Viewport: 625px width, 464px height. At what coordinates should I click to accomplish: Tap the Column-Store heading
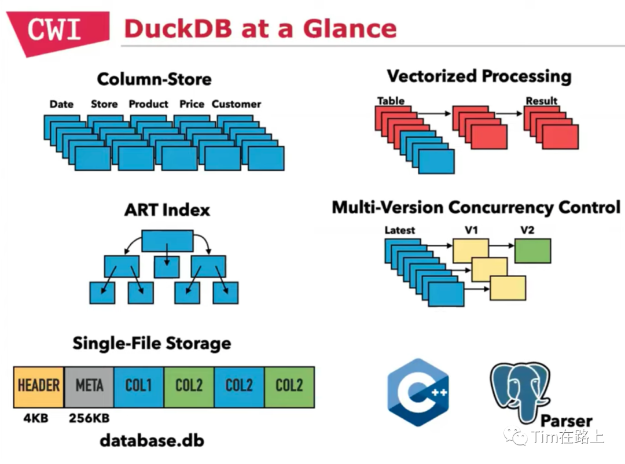pyautogui.click(x=154, y=79)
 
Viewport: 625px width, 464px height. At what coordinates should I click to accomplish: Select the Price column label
pyautogui.click(x=192, y=104)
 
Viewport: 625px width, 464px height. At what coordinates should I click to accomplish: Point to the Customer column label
pyautogui.click(x=236, y=104)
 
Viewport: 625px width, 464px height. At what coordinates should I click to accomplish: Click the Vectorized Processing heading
pyautogui.click(x=479, y=76)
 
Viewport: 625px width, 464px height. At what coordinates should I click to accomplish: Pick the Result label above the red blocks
pyautogui.click(x=541, y=101)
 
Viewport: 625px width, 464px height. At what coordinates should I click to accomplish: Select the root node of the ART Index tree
pyautogui.click(x=167, y=240)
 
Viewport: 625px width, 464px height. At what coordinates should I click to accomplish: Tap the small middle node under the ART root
pyautogui.click(x=167, y=267)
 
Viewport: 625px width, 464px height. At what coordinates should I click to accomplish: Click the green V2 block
pyautogui.click(x=532, y=251)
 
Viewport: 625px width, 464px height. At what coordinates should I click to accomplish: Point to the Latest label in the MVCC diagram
pyautogui.click(x=400, y=230)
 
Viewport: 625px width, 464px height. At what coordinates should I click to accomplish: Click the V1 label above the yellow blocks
pyautogui.click(x=471, y=230)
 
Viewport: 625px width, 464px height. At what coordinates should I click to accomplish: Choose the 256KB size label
pyautogui.click(x=89, y=418)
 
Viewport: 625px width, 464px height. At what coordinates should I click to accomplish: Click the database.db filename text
pyautogui.click(x=152, y=440)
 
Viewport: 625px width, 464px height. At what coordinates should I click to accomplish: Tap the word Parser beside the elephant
pyautogui.click(x=567, y=421)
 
